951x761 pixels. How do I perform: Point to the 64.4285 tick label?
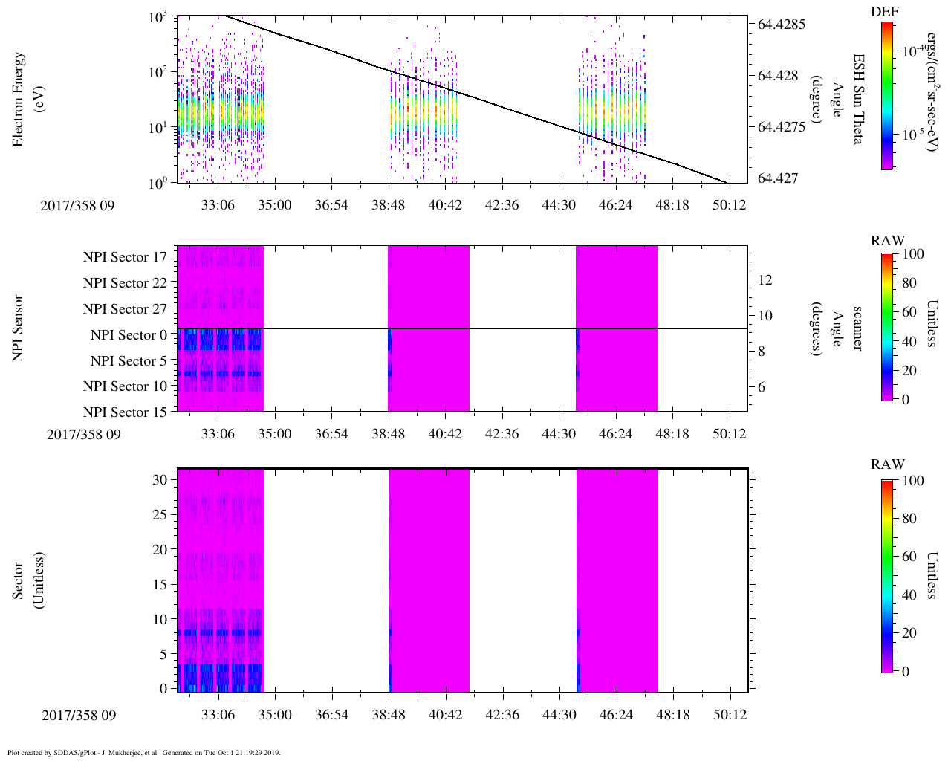[782, 25]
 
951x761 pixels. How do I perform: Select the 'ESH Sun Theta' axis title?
[858, 99]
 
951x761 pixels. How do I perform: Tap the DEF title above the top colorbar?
[884, 12]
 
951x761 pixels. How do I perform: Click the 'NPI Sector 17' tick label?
[126, 257]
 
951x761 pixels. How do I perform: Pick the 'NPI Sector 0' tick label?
[129, 335]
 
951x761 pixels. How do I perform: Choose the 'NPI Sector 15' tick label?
[126, 412]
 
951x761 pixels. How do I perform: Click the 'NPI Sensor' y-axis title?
[19, 328]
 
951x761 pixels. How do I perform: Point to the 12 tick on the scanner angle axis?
[765, 280]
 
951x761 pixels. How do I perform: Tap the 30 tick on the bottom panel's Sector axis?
[160, 480]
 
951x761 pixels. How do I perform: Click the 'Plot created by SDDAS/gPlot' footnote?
[143, 752]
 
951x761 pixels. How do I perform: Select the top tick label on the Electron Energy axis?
[158, 17]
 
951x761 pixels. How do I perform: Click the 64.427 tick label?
[779, 178]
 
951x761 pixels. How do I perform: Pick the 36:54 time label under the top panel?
[331, 204]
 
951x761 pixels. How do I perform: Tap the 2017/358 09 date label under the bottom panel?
[79, 716]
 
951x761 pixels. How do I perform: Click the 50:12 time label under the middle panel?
[730, 434]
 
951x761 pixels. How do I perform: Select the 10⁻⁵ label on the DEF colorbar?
[912, 135]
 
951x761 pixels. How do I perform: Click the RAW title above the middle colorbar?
[888, 241]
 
